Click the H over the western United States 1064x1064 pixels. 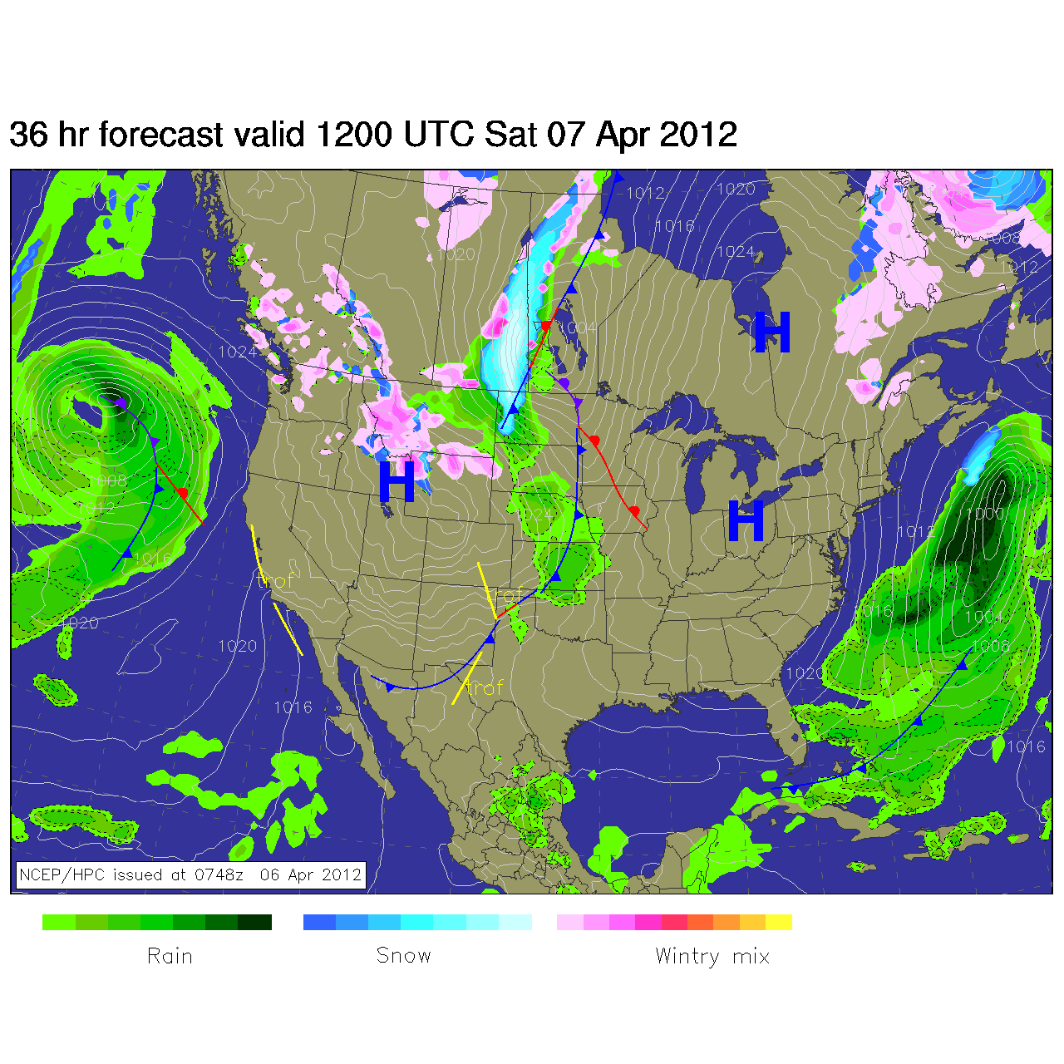click(397, 482)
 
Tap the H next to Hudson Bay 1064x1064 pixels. click(771, 332)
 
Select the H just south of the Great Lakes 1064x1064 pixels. click(746, 521)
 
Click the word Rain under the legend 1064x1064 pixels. click(170, 956)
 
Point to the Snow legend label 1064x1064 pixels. click(403, 956)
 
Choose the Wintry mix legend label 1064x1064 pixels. click(712, 956)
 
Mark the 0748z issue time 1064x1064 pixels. click(219, 874)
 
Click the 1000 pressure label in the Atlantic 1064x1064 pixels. click(985, 514)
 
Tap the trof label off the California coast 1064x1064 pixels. click(276, 580)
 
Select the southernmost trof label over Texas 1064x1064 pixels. click(485, 688)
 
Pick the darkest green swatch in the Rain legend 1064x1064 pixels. click(255, 922)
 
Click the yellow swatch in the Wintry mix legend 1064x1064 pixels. click(779, 922)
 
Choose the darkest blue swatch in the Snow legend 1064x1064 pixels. click(319, 922)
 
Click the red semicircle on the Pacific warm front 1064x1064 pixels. click(181, 493)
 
